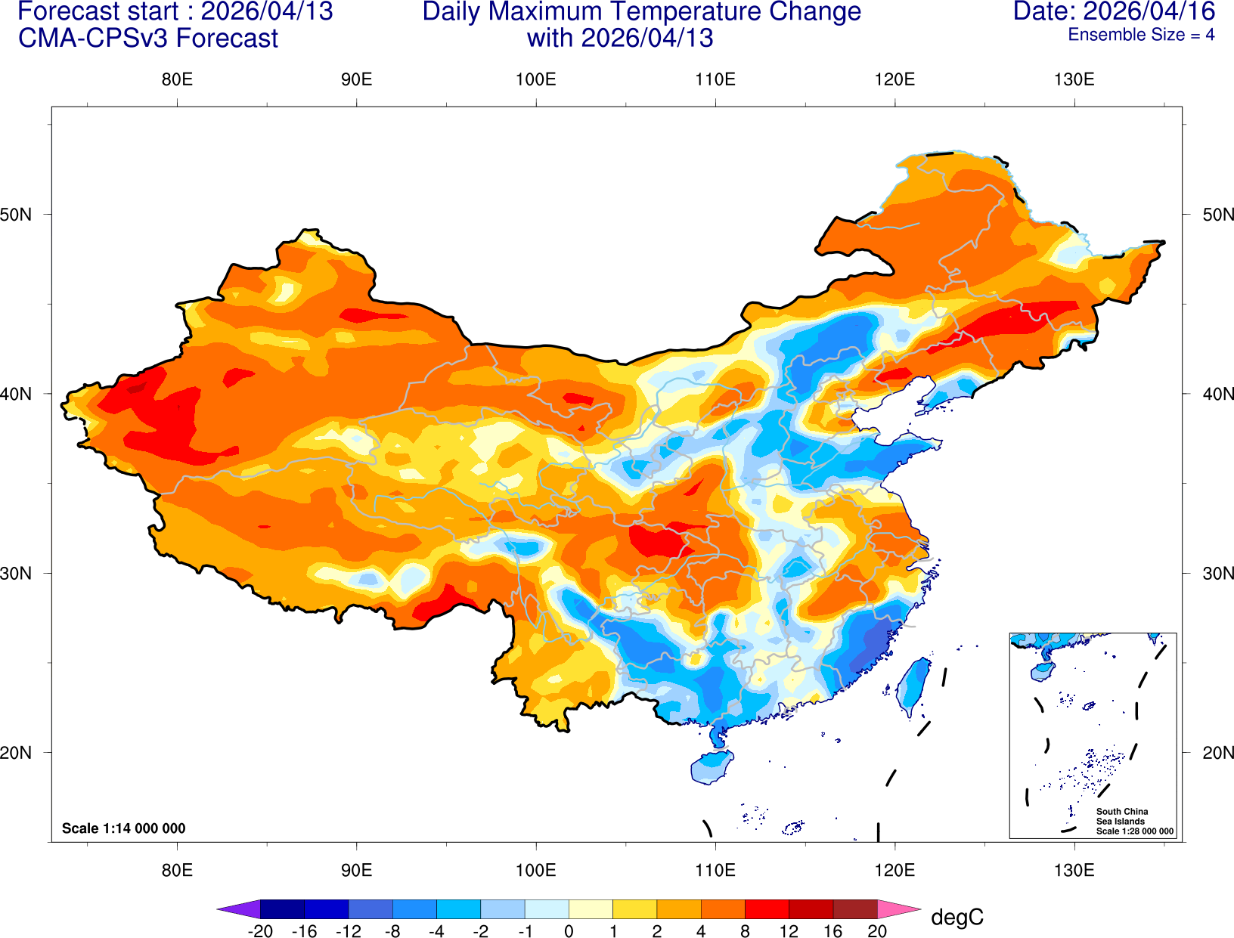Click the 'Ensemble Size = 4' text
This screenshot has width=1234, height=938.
(x=1140, y=35)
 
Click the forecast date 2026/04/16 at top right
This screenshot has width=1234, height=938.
(x=1114, y=11)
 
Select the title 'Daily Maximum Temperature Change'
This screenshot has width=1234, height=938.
(x=641, y=11)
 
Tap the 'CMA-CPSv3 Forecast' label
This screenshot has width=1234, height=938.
(x=148, y=38)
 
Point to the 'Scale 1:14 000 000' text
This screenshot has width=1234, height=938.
(x=123, y=828)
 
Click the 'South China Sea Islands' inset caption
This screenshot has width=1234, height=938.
(x=1121, y=816)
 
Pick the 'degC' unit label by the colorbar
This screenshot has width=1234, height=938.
(x=957, y=918)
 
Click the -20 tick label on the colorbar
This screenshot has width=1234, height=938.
(x=260, y=931)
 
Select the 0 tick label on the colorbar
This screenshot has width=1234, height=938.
(x=569, y=931)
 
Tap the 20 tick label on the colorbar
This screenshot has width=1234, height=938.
(x=877, y=931)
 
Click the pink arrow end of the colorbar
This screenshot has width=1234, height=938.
(x=898, y=909)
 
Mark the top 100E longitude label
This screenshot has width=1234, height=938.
(x=535, y=79)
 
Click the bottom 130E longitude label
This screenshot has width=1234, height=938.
(x=1074, y=870)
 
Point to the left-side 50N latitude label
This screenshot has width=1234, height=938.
(x=16, y=215)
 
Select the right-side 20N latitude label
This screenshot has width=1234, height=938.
(x=1217, y=753)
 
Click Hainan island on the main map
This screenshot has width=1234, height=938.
(x=712, y=767)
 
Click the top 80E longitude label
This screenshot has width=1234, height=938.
(x=177, y=79)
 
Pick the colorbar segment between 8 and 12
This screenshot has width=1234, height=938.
(x=767, y=909)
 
